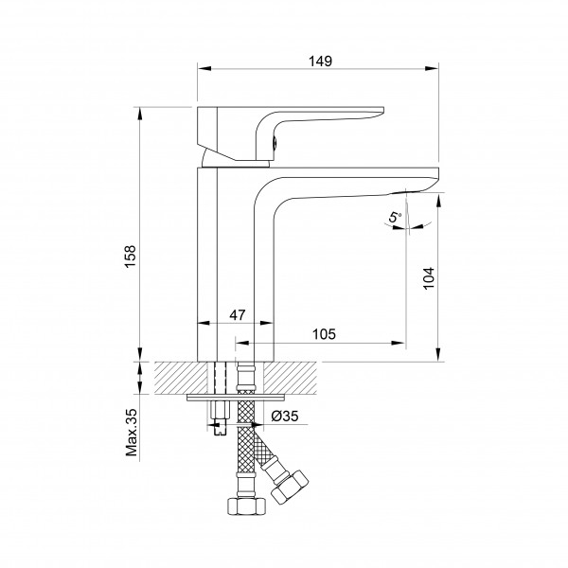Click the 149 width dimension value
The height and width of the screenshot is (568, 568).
click(x=320, y=61)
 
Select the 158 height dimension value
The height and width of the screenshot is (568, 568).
click(x=130, y=257)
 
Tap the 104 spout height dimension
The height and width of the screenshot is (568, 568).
click(x=429, y=277)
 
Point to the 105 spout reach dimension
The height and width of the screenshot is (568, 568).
click(x=324, y=334)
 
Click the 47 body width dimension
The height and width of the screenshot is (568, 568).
click(x=238, y=315)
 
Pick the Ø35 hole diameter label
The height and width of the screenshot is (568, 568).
click(x=285, y=417)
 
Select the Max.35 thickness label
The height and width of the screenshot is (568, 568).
click(x=132, y=433)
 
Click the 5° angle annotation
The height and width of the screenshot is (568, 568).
click(x=395, y=218)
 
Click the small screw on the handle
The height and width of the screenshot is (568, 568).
click(x=275, y=142)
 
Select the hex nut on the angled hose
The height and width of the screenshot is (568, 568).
click(x=290, y=488)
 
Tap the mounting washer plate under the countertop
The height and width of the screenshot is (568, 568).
click(x=236, y=398)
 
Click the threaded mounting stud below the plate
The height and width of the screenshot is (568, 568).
click(x=220, y=417)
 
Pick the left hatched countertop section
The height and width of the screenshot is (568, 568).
click(x=181, y=378)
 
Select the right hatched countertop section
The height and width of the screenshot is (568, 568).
click(x=290, y=378)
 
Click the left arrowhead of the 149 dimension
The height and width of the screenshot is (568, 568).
click(x=204, y=68)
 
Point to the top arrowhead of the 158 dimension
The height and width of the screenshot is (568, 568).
click(x=139, y=115)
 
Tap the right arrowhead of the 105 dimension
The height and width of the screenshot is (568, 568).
click(x=398, y=343)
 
